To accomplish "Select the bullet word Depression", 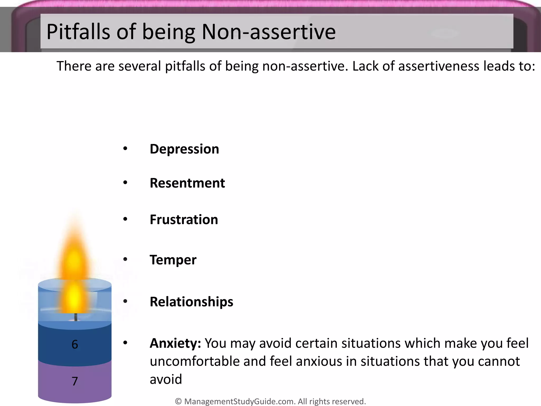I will tap(184, 149).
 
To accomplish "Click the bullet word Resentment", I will tap(187, 183).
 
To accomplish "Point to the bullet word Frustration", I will tap(184, 220).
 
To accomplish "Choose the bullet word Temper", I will tap(173, 260).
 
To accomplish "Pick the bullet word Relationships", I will tap(192, 302).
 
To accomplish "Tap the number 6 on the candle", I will tap(75, 344).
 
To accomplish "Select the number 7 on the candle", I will tap(75, 381).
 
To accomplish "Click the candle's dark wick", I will tap(76, 317).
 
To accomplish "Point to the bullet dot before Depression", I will tap(125, 149).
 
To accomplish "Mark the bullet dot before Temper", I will tap(125, 259).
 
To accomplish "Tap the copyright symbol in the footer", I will tap(178, 401).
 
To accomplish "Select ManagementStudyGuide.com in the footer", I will tap(239, 401).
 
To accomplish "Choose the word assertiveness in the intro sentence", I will tap(439, 66).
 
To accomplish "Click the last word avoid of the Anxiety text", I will tap(166, 379).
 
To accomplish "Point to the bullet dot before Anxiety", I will tap(125, 343).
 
